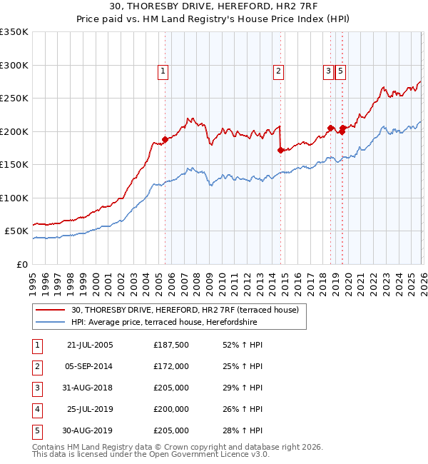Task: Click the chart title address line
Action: [214, 7]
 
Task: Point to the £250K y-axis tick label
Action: [14, 98]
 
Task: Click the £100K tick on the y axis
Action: [14, 198]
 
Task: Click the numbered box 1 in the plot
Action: [163, 71]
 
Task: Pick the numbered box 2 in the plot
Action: [277, 71]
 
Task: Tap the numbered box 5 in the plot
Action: [340, 71]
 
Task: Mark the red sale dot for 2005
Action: [165, 139]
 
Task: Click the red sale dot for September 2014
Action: [280, 150]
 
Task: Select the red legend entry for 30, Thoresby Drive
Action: [189, 309]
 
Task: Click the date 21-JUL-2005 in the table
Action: [90, 345]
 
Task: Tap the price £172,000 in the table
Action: [171, 366]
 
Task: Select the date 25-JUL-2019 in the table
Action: [90, 409]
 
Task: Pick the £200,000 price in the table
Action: [171, 409]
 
